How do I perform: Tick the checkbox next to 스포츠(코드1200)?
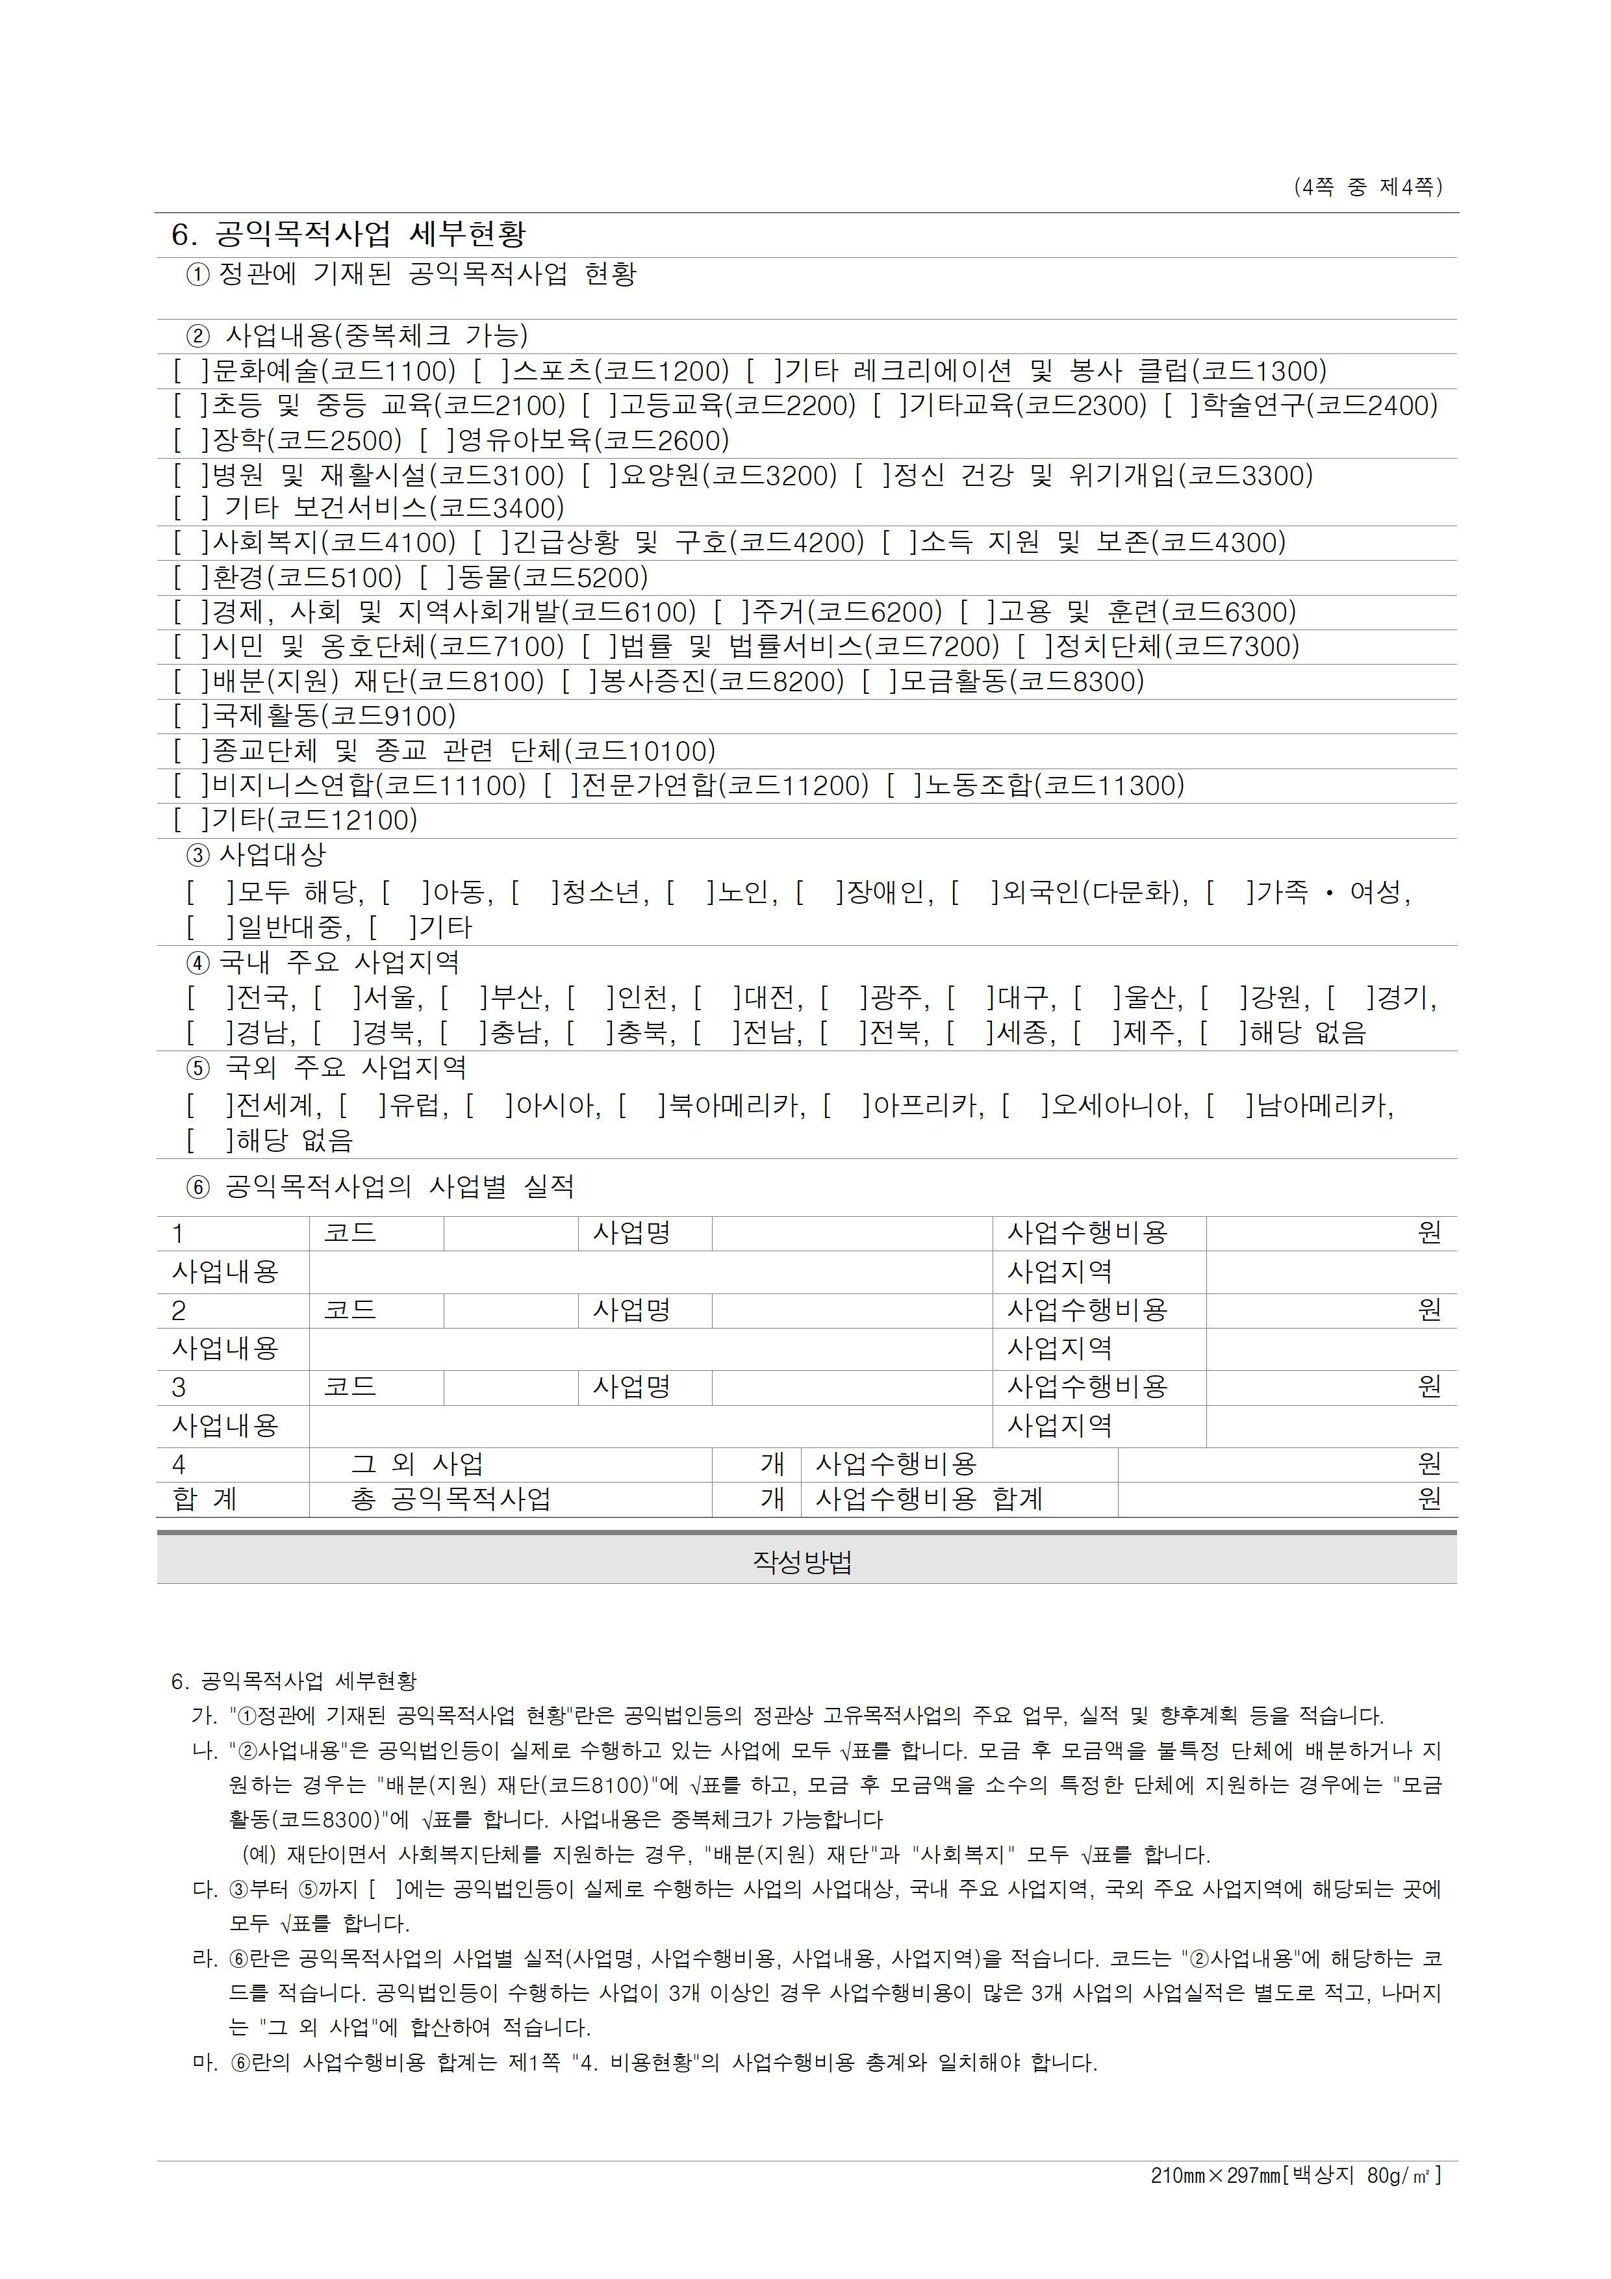pyautogui.click(x=490, y=371)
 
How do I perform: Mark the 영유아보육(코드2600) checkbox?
pyautogui.click(x=437, y=440)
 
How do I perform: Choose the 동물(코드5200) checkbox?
pyautogui.click(x=437, y=578)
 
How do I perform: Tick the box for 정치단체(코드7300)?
pyautogui.click(x=1034, y=647)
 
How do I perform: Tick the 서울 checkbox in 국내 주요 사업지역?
pyautogui.click(x=338, y=998)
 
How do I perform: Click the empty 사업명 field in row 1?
pyautogui.click(x=852, y=1234)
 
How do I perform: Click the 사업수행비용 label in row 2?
pyautogui.click(x=1088, y=1310)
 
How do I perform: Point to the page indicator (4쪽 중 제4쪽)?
pyautogui.click(x=1368, y=186)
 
